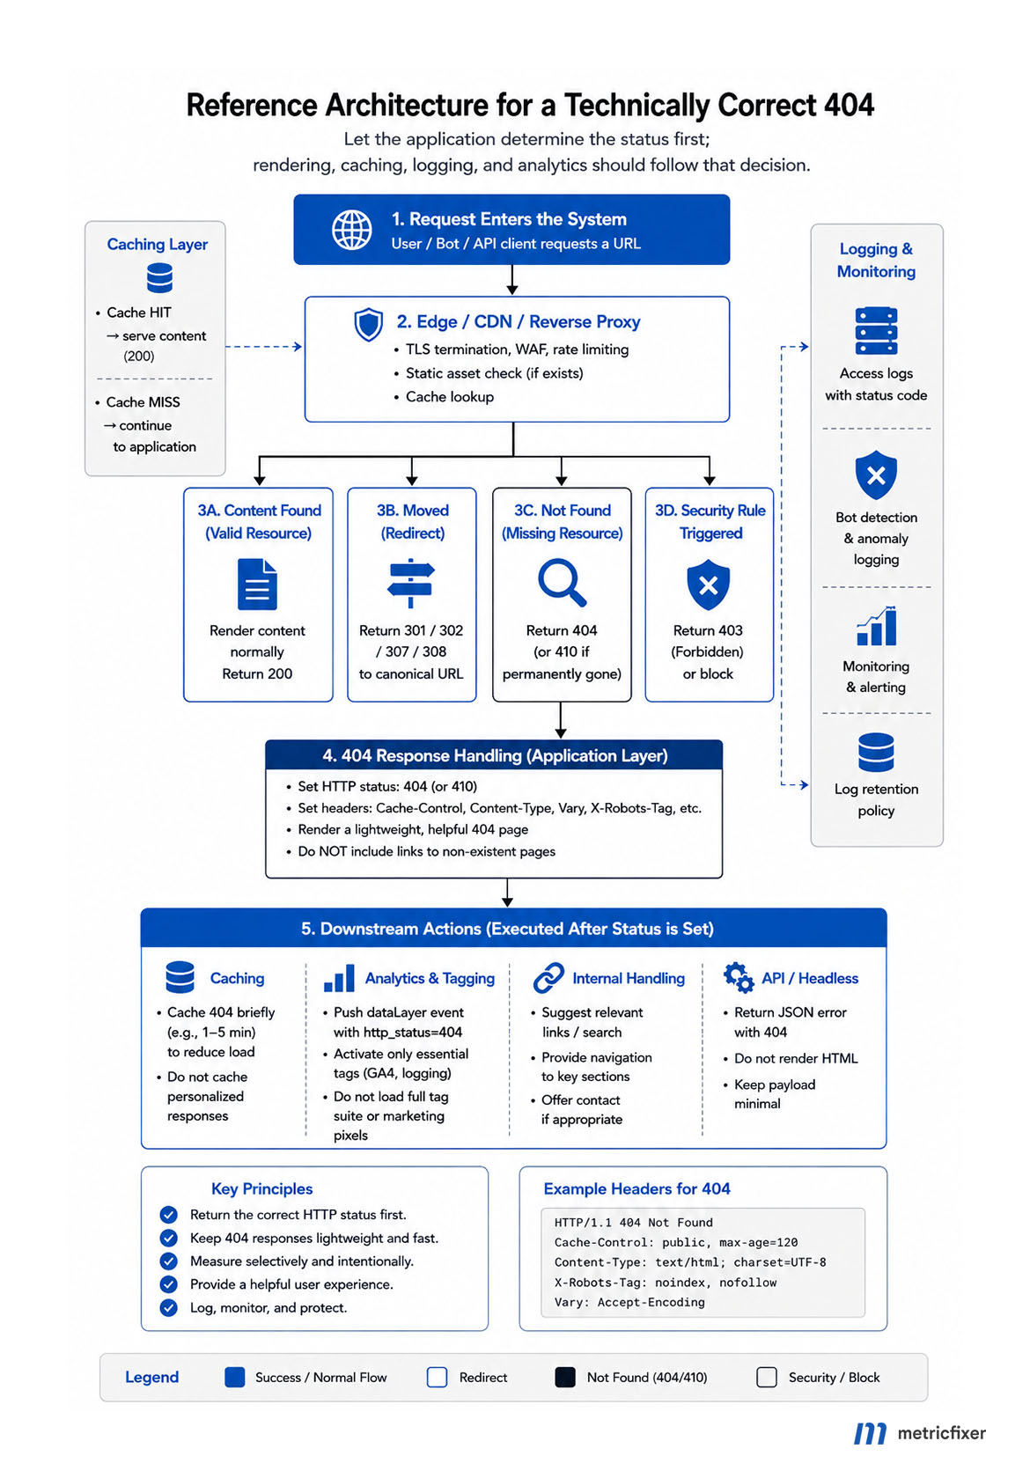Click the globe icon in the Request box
point(351,230)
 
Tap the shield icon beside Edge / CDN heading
point(368,324)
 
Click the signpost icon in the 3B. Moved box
point(410,583)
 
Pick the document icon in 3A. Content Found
point(257,584)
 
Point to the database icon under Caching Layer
point(159,278)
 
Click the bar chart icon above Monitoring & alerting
point(876,626)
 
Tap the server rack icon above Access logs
point(876,331)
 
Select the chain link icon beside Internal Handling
point(548,977)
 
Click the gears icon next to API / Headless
point(738,977)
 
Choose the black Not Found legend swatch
point(564,1377)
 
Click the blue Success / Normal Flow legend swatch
point(234,1377)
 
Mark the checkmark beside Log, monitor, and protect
point(169,1307)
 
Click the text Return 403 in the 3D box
point(707,630)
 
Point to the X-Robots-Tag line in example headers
point(666,1282)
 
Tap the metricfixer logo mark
point(870,1433)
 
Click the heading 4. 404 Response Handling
point(495,755)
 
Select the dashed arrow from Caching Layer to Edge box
point(264,347)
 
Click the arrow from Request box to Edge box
point(512,280)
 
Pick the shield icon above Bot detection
point(876,475)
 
